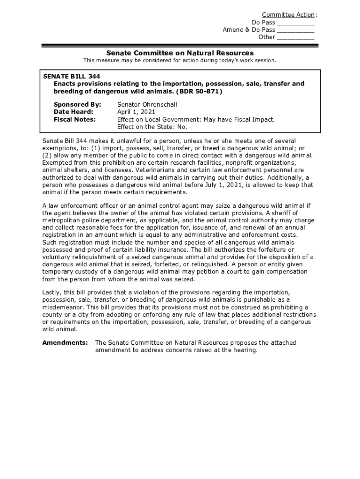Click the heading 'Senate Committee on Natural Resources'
180,53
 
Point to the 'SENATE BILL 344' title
72,76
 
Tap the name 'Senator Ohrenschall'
147,104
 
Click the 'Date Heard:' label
73,112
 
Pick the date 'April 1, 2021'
136,112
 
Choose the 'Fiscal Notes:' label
75,119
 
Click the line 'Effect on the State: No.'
152,127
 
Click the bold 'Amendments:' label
65,343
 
